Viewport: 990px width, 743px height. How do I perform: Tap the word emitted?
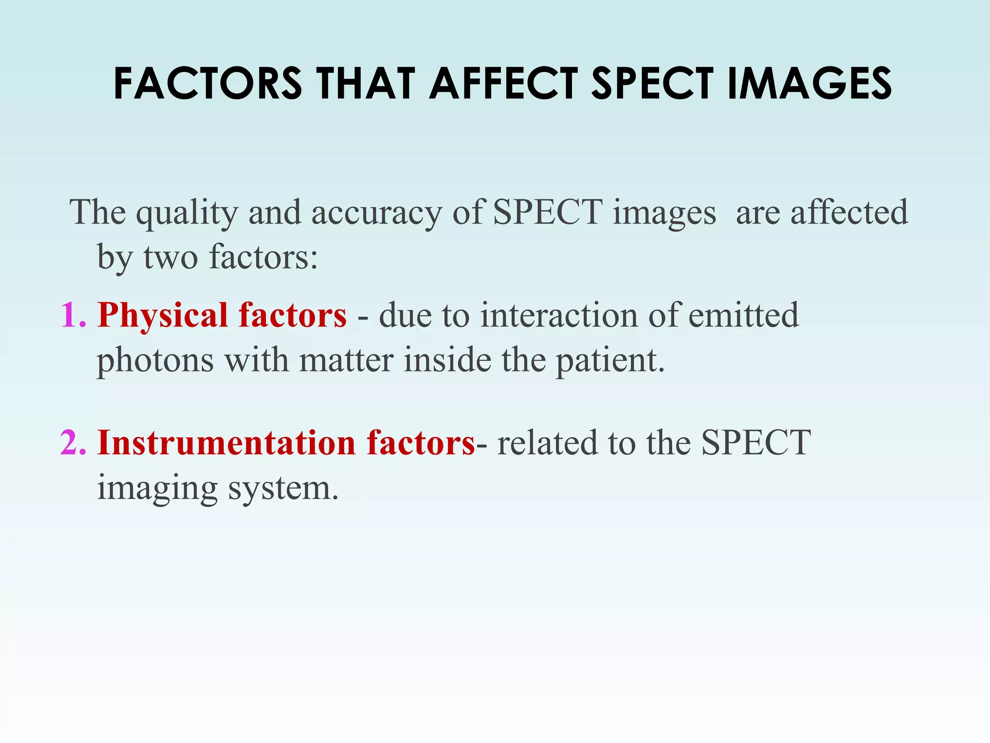click(743, 315)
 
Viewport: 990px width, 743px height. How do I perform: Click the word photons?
click(155, 361)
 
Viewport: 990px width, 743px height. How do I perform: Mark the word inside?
click(448, 360)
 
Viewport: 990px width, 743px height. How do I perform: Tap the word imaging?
click(158, 489)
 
